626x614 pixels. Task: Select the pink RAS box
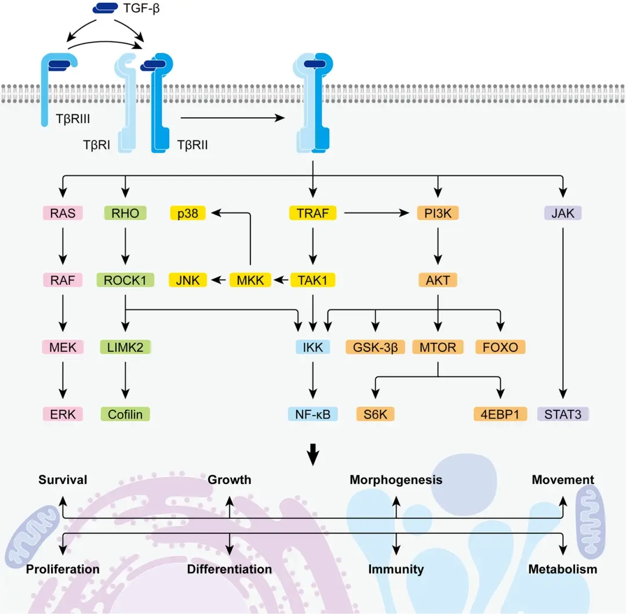point(63,214)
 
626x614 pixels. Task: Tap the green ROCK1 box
point(125,280)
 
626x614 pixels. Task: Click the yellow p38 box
point(188,214)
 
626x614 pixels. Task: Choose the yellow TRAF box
point(313,214)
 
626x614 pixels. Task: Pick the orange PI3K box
point(438,214)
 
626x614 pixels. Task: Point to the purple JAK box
point(563,214)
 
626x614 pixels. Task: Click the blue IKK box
point(313,348)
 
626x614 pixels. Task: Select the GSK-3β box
point(376,348)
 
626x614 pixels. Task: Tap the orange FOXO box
point(500,348)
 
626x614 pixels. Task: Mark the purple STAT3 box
point(563,414)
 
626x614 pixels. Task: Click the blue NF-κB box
point(313,414)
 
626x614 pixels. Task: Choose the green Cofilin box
point(125,414)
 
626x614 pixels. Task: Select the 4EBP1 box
point(500,414)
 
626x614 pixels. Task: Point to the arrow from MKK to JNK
point(219,280)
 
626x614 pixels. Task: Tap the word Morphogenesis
point(396,480)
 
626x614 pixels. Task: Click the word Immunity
point(396,569)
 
